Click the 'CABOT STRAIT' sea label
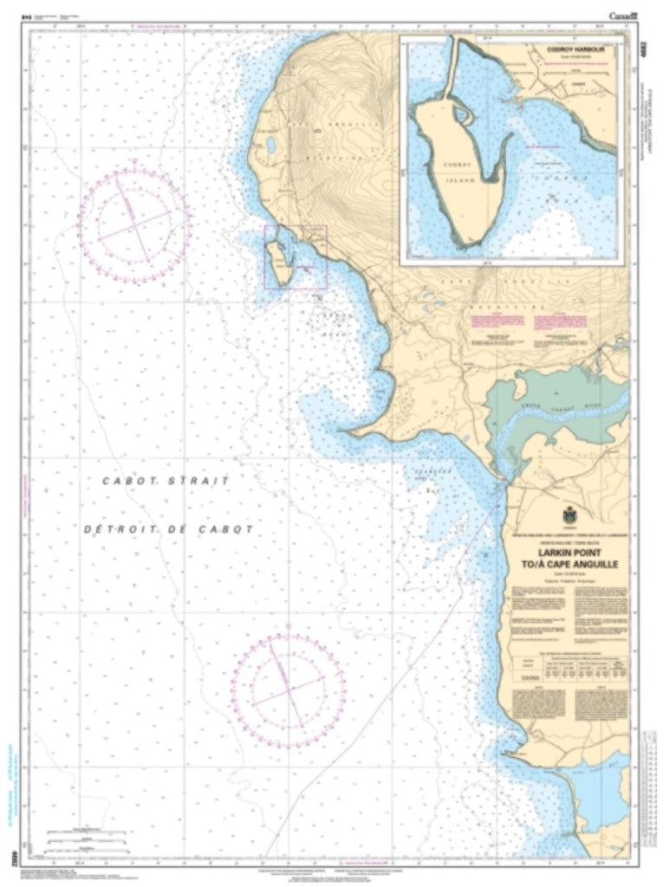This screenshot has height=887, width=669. tap(166, 480)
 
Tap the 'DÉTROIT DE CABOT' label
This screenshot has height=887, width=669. tap(168, 528)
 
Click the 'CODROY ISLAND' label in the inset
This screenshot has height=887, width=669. tap(456, 173)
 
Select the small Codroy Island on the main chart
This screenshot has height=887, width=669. tap(277, 260)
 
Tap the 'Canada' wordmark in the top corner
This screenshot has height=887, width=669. tap(623, 16)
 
